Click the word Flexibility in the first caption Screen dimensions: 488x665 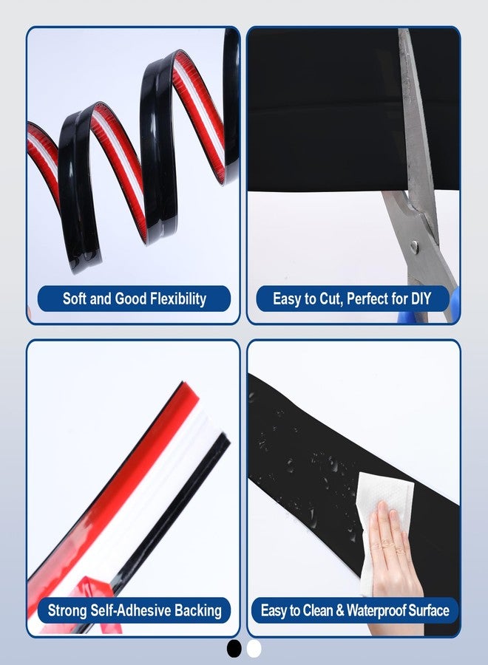(178, 299)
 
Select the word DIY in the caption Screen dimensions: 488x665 (421, 299)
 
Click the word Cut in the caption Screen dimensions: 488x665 (330, 299)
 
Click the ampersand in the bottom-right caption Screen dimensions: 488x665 (340, 611)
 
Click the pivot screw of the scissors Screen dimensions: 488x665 (414, 246)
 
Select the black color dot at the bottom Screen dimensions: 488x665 (234, 649)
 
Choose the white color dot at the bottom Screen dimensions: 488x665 (254, 649)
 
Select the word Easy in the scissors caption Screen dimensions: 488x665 (286, 299)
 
